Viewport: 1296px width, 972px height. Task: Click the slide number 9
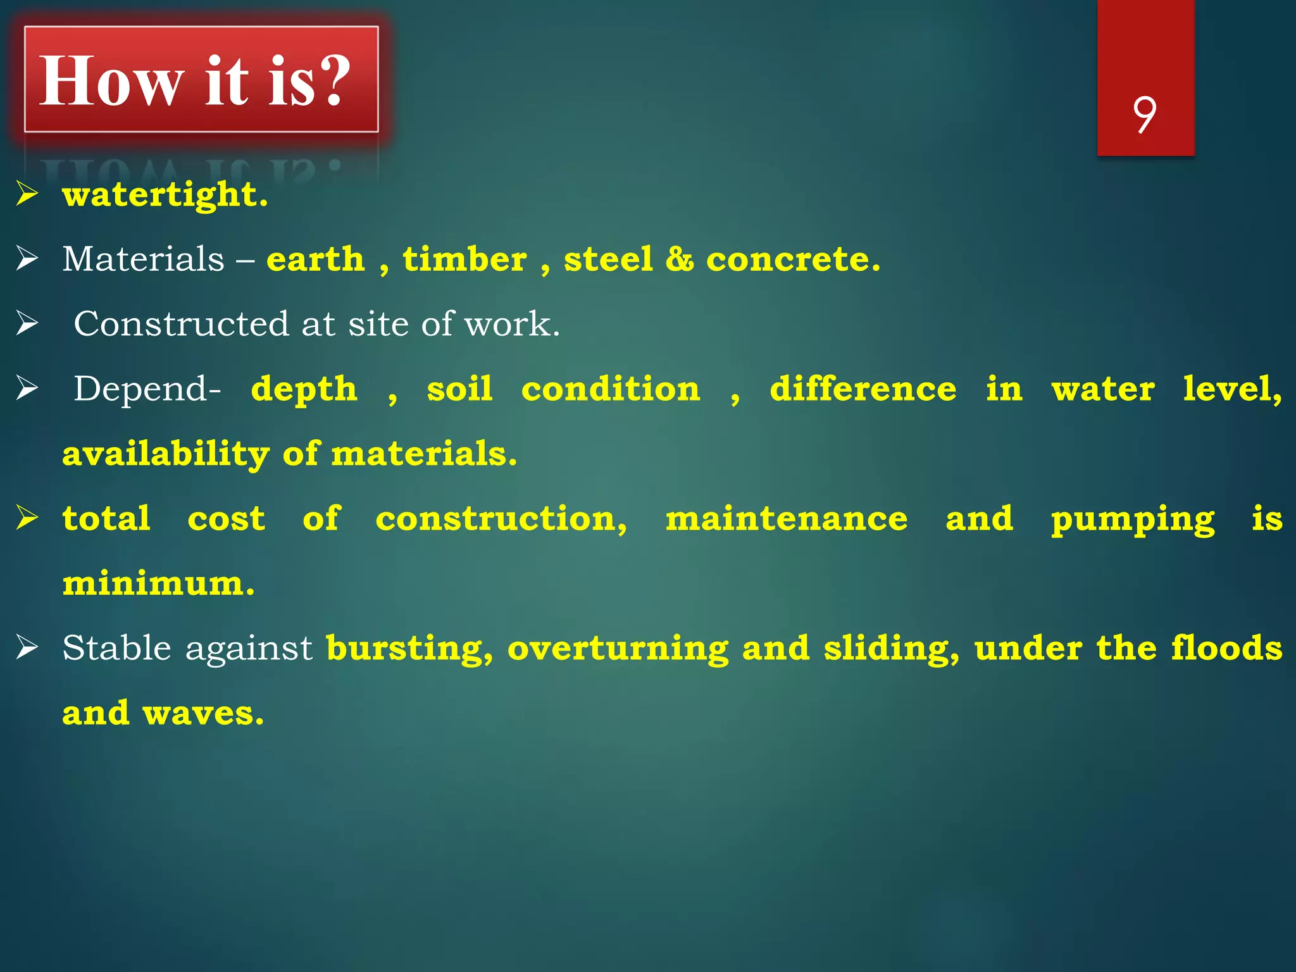click(x=1145, y=115)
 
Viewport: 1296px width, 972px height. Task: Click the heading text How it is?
click(x=195, y=81)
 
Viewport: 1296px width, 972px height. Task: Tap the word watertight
click(x=165, y=194)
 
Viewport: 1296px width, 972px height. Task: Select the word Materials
click(x=143, y=259)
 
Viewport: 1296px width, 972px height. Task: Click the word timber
click(x=464, y=259)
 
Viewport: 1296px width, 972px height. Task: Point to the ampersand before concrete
click(x=680, y=259)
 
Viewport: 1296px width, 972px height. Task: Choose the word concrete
click(x=792, y=259)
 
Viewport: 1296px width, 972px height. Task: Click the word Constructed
click(x=181, y=324)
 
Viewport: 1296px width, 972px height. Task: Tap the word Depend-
click(x=147, y=389)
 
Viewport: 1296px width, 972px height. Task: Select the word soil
click(x=459, y=389)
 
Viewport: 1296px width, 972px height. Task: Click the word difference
click(x=863, y=389)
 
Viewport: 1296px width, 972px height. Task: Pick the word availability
click(x=166, y=454)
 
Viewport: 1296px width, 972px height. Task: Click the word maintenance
click(x=786, y=519)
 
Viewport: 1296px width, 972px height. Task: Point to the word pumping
click(x=1132, y=520)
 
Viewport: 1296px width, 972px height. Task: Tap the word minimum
click(x=158, y=583)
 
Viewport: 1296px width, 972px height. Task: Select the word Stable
click(x=116, y=648)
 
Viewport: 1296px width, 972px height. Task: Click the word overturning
click(x=618, y=649)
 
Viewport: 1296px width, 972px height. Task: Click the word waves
click(x=202, y=714)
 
